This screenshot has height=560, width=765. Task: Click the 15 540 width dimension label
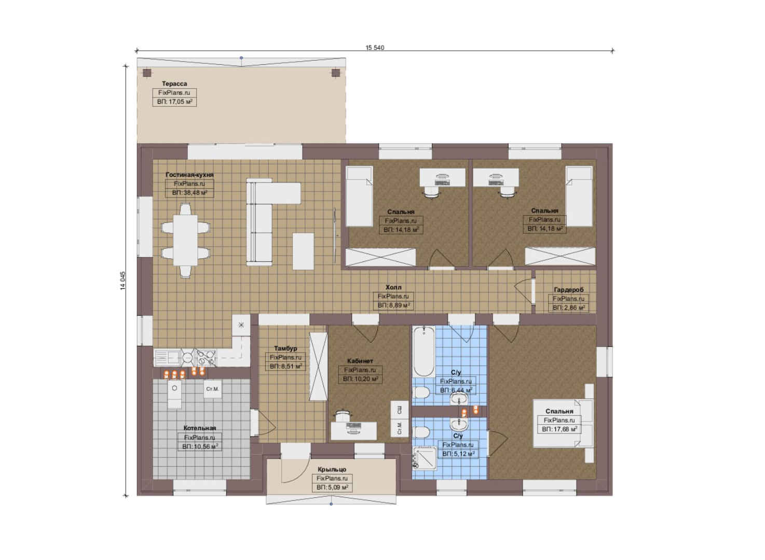click(375, 47)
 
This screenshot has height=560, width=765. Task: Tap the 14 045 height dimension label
click(122, 281)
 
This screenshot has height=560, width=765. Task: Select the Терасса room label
click(174, 83)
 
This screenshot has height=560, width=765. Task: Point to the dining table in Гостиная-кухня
click(185, 240)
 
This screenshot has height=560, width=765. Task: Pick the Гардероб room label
click(569, 290)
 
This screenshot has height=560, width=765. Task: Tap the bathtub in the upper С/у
click(424, 351)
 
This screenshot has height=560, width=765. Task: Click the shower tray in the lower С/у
click(425, 458)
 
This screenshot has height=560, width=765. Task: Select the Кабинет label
click(360, 361)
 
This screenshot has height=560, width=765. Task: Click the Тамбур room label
click(285, 348)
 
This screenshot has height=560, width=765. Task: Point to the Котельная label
click(200, 428)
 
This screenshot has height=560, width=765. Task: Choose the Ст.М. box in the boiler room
click(212, 389)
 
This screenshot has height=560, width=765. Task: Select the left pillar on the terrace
click(147, 73)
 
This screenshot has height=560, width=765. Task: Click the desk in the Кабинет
click(353, 431)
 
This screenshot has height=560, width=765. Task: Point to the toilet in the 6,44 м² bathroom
click(421, 393)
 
